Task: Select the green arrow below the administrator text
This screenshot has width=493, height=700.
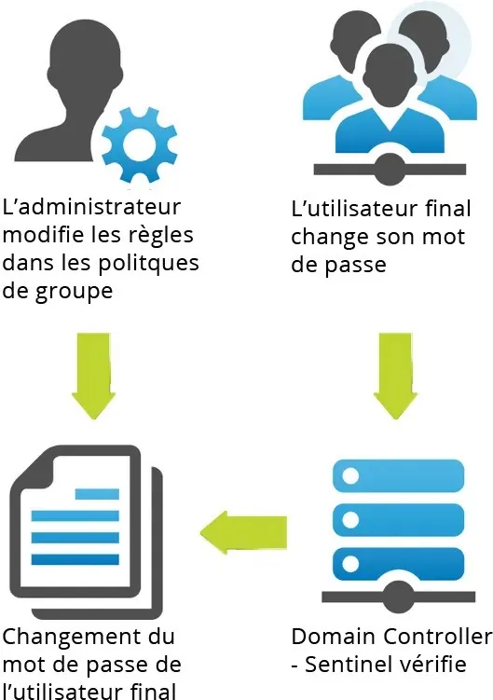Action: [94, 376]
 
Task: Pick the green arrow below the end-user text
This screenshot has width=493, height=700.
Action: [396, 376]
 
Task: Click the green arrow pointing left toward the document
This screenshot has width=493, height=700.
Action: [244, 532]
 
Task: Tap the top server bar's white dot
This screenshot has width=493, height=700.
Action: [350, 476]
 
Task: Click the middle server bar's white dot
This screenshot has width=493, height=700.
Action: [350, 520]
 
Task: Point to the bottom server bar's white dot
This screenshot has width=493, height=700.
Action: [350, 563]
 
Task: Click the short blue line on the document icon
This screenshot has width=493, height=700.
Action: [97, 494]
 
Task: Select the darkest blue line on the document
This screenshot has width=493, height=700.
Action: [75, 559]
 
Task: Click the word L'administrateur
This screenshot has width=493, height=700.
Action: [91, 207]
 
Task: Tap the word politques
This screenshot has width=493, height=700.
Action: [148, 265]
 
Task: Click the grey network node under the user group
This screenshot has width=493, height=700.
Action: [390, 170]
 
